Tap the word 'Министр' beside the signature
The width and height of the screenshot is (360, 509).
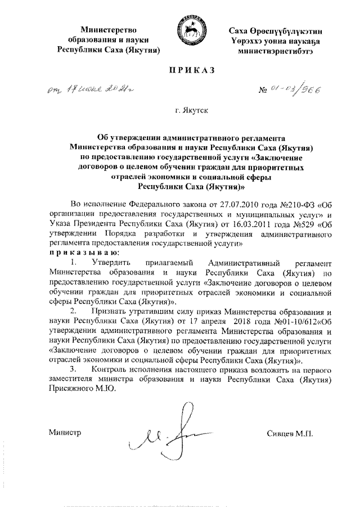pos(65,433)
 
